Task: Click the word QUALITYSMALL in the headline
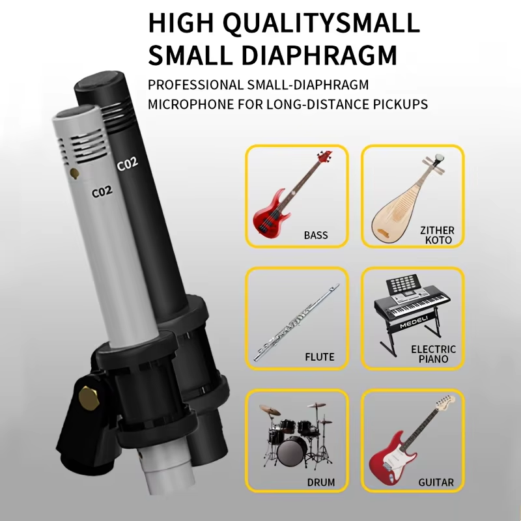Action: [x=321, y=23]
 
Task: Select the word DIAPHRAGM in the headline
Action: [x=319, y=55]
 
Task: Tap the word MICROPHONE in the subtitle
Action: [x=191, y=104]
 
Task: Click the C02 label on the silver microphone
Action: [x=102, y=191]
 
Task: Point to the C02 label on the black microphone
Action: [x=127, y=163]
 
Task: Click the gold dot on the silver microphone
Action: [x=74, y=173]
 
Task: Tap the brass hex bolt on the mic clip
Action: [x=89, y=398]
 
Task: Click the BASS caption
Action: [x=316, y=235]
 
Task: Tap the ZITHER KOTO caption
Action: [x=438, y=235]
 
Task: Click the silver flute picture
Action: [x=296, y=322]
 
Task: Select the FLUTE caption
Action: [x=319, y=357]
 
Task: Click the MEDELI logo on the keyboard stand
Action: [x=414, y=322]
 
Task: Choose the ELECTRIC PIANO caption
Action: [x=433, y=354]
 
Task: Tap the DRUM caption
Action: [x=320, y=483]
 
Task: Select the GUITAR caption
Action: [x=436, y=483]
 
